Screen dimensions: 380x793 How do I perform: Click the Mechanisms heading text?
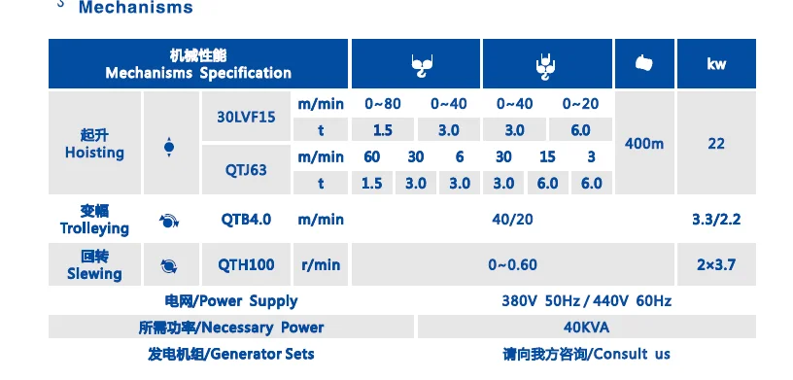[x=135, y=8]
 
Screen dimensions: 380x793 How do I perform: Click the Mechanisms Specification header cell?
[x=198, y=64]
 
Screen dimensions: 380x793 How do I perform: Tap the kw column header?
[x=716, y=64]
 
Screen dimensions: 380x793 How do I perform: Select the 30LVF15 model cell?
[x=246, y=117]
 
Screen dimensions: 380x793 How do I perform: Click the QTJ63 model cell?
[x=246, y=169]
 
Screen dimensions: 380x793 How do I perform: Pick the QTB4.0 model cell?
[x=246, y=220]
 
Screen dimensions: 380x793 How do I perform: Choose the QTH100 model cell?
[x=246, y=264]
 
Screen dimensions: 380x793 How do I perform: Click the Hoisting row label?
[x=94, y=144]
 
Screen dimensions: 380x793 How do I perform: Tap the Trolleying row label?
[x=94, y=220]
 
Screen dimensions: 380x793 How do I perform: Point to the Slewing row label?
[x=94, y=265]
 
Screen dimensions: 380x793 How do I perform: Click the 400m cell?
[x=644, y=144]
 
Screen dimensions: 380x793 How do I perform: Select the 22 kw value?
[x=716, y=144]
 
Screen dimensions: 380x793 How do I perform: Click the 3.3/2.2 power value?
[x=716, y=220]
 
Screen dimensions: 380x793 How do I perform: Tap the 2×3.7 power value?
[x=716, y=264]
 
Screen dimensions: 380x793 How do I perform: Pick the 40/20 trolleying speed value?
[x=512, y=220]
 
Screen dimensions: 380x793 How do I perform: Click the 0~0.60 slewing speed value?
[x=512, y=264]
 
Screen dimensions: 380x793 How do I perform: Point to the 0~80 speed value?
[x=382, y=103]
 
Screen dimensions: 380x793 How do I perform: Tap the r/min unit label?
[x=320, y=264]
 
